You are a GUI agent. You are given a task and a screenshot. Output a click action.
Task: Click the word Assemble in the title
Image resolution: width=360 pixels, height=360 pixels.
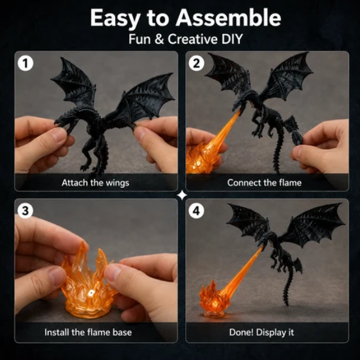228,18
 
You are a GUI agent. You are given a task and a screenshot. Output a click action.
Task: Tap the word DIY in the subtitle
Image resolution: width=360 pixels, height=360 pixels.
231,39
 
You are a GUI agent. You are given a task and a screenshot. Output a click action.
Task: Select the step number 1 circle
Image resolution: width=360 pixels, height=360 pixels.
26,63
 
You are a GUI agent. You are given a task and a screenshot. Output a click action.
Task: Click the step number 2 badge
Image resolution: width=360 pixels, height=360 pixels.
196,63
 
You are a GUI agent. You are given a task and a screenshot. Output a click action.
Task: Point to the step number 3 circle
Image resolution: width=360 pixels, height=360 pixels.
25,211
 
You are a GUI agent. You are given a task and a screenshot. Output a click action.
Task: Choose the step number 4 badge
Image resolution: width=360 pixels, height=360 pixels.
196,211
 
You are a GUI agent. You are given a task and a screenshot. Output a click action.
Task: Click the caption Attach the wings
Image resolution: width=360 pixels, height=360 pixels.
95,183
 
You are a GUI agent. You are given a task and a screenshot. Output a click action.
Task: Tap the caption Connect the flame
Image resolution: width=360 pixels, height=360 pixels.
264,183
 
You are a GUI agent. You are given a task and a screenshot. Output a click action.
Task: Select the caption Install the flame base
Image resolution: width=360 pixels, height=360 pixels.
88,332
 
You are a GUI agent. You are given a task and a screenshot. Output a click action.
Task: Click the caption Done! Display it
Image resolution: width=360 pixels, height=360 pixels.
262,332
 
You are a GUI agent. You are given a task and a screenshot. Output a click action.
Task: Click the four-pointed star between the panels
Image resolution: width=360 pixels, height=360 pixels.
183,195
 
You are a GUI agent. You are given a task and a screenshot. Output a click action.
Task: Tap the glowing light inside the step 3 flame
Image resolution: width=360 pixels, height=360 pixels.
91,292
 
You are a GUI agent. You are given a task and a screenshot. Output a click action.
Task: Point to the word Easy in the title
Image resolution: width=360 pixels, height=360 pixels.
115,19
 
